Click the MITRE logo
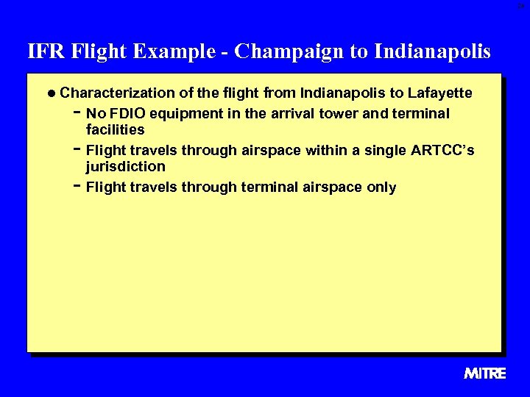tap(485, 373)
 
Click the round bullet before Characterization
tap(51, 93)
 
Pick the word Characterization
tap(118, 93)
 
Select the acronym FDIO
tap(129, 114)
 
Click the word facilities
tap(115, 130)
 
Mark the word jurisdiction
tap(125, 167)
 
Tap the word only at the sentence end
tap(381, 187)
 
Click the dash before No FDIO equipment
tap(77, 113)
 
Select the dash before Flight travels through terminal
tap(77, 187)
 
